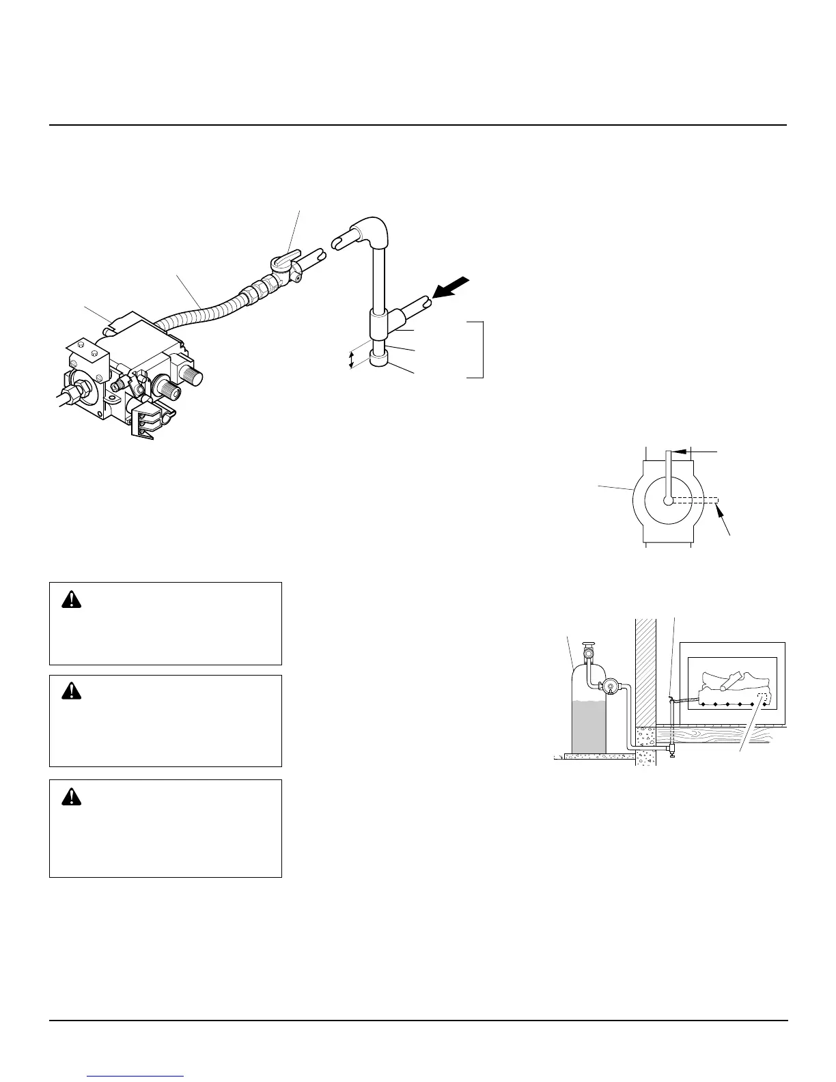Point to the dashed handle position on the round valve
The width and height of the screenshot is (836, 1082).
[x=697, y=500]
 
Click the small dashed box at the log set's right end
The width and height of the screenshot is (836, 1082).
[x=762, y=697]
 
